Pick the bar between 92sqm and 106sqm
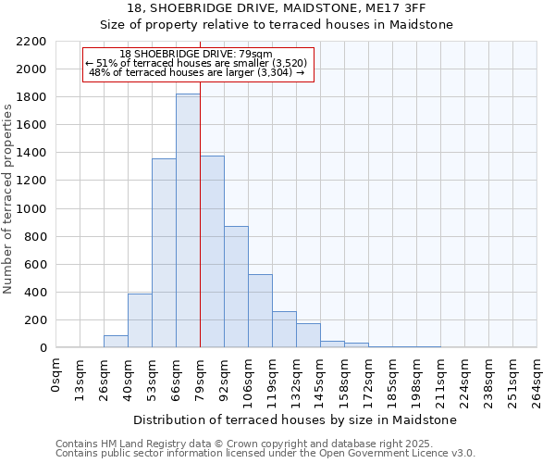pyautogui.click(x=236, y=287)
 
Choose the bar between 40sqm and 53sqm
pyautogui.click(x=140, y=320)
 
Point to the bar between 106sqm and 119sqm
pyautogui.click(x=260, y=311)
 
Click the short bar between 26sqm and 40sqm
pyautogui.click(x=116, y=341)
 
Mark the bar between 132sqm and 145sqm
pyautogui.click(x=308, y=335)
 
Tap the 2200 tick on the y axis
pyautogui.click(x=32, y=42)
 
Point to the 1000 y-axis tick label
pyautogui.click(x=32, y=209)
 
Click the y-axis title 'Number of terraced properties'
pyautogui.click(x=8, y=199)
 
